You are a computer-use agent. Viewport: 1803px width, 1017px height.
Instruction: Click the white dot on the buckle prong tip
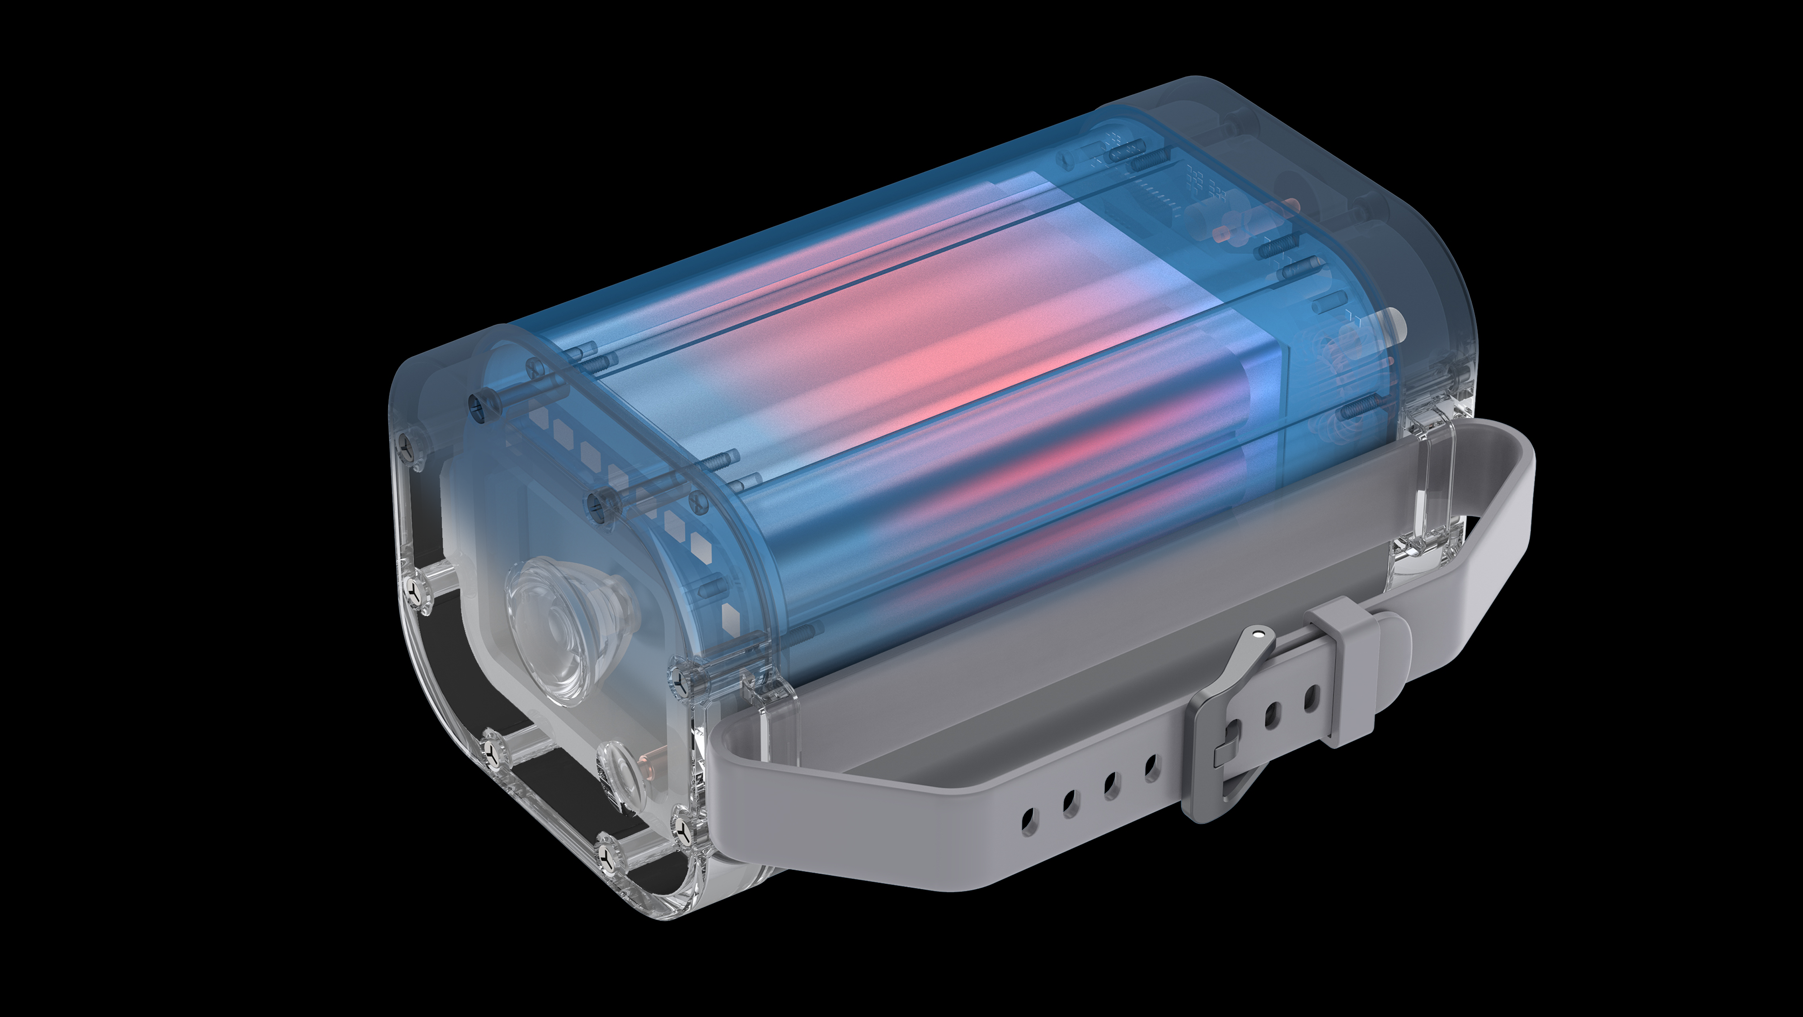1259,635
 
